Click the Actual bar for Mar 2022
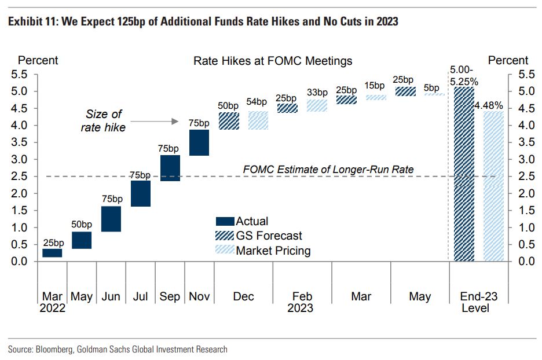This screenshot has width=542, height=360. coord(52,253)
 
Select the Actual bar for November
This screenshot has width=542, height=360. coord(199,143)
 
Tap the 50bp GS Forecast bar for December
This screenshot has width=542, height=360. coord(229,121)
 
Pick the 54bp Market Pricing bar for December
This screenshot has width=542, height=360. coord(258,120)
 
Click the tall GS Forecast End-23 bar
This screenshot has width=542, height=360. coord(464,174)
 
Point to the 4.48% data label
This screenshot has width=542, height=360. coord(489,106)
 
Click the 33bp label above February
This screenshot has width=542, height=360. coord(317,93)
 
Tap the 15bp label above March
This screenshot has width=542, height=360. coord(375,86)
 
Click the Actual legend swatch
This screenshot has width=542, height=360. coord(225,221)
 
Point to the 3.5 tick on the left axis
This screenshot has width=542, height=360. coord(20,142)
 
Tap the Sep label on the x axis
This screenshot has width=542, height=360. coord(170,296)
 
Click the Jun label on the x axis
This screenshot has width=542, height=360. coord(111,296)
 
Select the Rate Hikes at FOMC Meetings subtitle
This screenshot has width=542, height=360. coord(272,61)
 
